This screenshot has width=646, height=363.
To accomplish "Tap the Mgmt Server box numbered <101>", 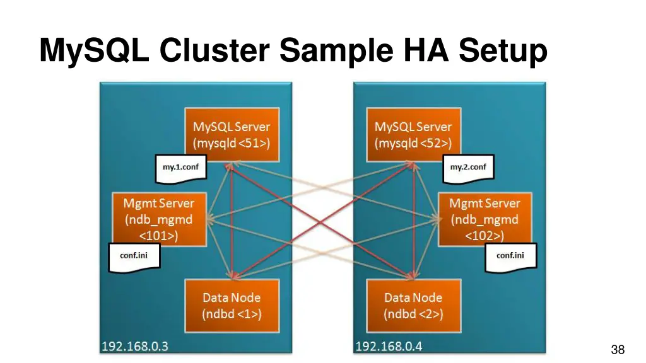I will (x=159, y=219).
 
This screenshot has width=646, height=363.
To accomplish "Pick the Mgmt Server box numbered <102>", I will (x=484, y=219).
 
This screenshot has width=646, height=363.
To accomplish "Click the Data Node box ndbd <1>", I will (x=231, y=305).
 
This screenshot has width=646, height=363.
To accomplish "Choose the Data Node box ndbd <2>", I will (x=413, y=305).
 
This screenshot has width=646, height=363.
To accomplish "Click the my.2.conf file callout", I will (x=468, y=168).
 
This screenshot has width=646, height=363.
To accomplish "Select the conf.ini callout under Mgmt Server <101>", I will (x=134, y=256).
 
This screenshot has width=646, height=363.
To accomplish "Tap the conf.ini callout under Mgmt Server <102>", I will (x=510, y=256).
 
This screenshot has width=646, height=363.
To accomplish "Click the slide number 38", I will (x=617, y=350).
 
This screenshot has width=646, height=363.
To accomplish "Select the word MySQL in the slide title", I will (x=94, y=50).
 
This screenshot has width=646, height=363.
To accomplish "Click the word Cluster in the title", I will (x=214, y=50).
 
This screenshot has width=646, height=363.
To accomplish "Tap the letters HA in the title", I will (x=425, y=50).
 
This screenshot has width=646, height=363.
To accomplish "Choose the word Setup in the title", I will (x=503, y=50).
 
